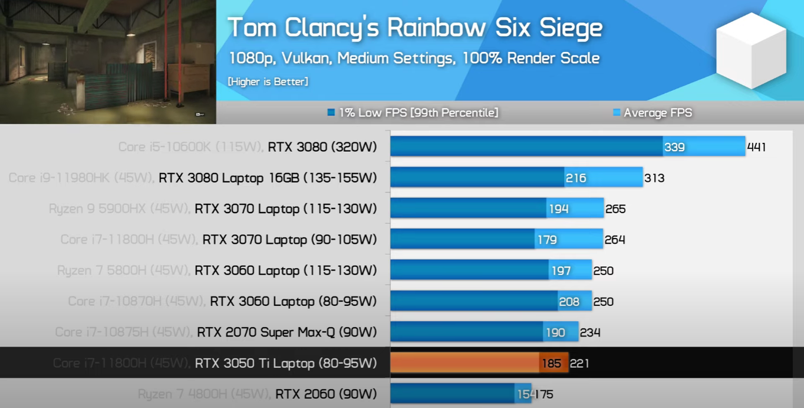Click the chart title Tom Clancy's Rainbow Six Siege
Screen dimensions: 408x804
tap(414, 28)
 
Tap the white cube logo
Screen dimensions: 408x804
tap(750, 51)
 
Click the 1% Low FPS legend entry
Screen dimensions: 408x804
tap(413, 112)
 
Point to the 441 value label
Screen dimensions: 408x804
tap(756, 147)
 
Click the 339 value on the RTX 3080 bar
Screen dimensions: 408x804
tap(674, 147)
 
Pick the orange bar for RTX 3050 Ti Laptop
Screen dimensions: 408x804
tap(466, 363)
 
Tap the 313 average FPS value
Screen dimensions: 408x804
tap(654, 178)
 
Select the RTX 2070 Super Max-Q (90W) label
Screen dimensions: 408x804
tap(286, 332)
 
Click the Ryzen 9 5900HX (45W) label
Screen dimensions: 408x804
tap(120, 208)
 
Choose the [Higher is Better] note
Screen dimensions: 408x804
tap(268, 81)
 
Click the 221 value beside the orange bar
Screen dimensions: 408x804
tap(579, 363)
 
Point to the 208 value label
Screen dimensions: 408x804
tap(569, 302)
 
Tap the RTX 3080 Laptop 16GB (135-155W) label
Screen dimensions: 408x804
tap(268, 178)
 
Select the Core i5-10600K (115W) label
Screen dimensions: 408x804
tap(190, 147)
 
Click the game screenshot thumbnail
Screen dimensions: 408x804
tap(108, 61)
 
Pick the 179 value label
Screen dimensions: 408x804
tap(547, 240)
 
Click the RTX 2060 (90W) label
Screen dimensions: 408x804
tap(326, 394)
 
